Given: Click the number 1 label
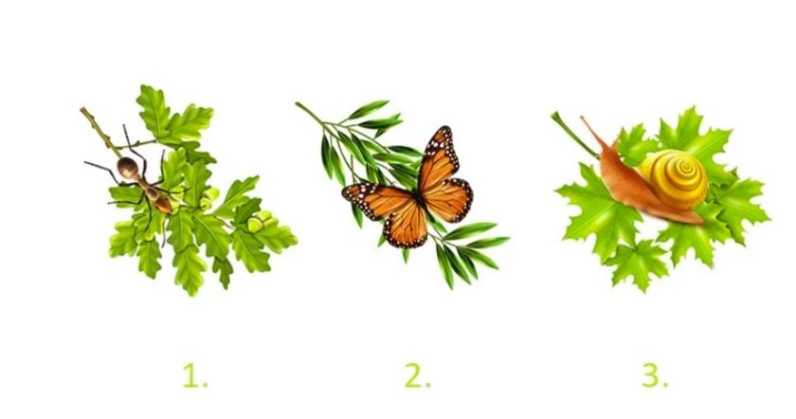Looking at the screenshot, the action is point(195,376).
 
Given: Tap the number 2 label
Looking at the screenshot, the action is point(418,376).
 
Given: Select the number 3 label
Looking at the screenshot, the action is point(655,376).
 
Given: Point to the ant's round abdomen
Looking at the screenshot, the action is point(127,168).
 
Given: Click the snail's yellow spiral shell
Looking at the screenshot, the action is point(674,179).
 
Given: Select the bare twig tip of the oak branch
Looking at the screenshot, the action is point(82,110).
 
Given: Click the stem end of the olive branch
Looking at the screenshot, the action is point(298,104).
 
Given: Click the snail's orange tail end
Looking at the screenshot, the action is point(696,220).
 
